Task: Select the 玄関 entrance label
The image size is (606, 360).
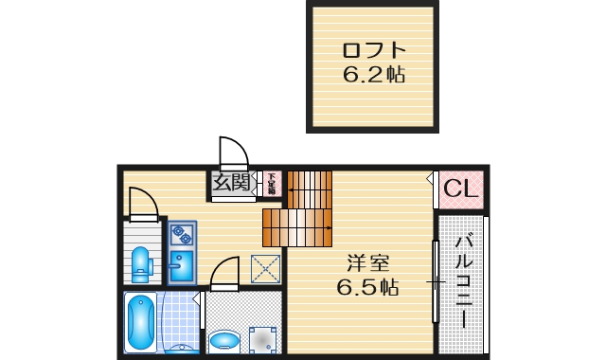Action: [231, 182]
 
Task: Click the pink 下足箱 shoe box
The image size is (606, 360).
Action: [271, 183]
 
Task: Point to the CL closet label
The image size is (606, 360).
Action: [461, 189]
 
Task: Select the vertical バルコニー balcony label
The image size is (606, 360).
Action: [464, 279]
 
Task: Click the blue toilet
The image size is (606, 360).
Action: [141, 264]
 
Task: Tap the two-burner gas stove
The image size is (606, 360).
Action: [181, 233]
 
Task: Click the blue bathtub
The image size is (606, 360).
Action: [140, 322]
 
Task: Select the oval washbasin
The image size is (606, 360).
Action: [225, 338]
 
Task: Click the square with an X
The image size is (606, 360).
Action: [265, 269]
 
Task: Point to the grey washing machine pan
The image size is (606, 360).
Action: [261, 337]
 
